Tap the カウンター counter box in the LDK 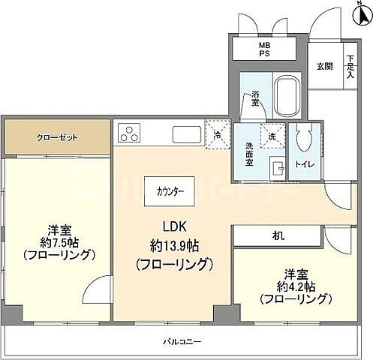[170, 190]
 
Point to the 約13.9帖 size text [174, 246]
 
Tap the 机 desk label [278, 235]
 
